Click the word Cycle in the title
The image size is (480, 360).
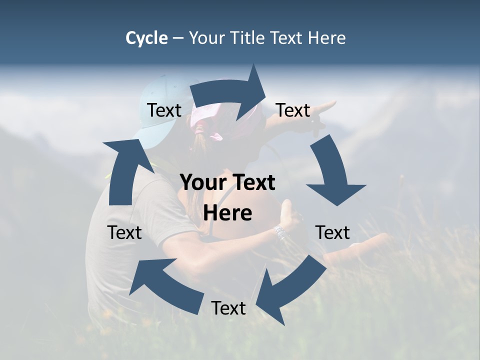pyautogui.click(x=146, y=38)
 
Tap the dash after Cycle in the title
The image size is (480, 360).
pyautogui.click(x=178, y=38)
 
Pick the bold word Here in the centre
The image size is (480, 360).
pyautogui.click(x=227, y=213)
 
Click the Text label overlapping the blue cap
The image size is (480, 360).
pyautogui.click(x=164, y=110)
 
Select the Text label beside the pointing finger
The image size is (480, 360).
pyautogui.click(x=293, y=110)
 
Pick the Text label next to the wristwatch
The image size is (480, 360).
pyautogui.click(x=332, y=232)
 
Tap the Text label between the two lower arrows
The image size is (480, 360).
pyautogui.click(x=228, y=308)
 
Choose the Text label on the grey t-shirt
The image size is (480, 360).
pyautogui.click(x=124, y=232)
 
